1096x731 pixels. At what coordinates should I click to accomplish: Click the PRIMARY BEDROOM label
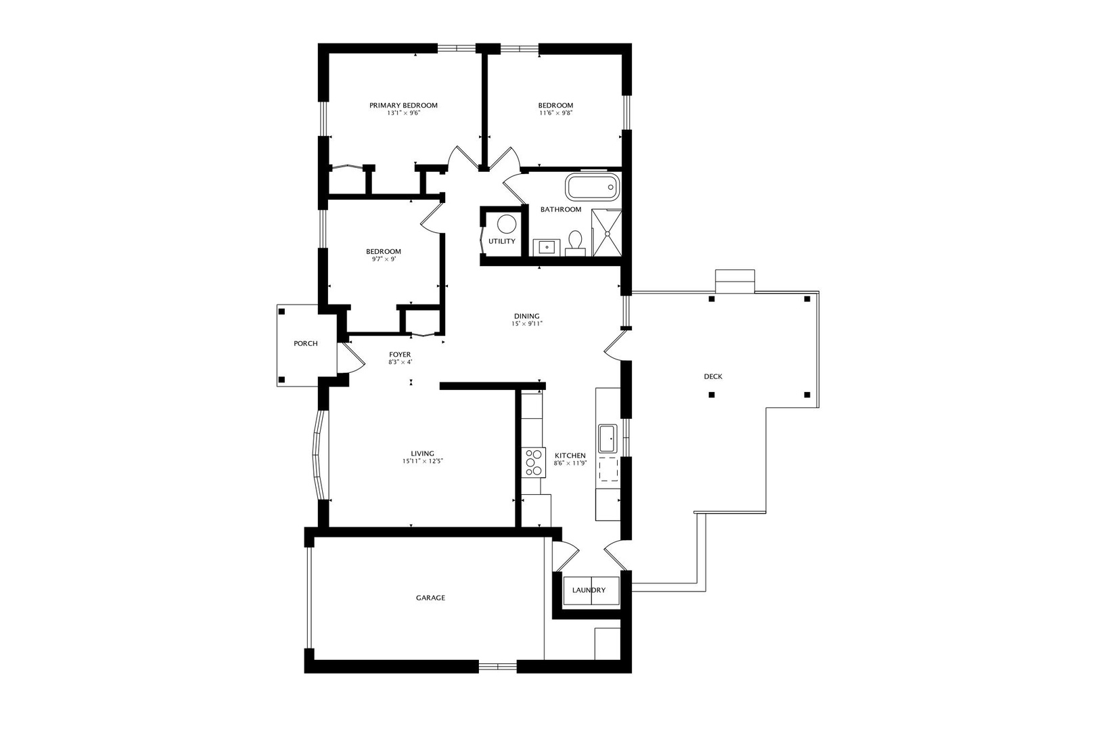tap(403, 106)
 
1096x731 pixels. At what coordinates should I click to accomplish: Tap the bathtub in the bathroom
tap(593, 187)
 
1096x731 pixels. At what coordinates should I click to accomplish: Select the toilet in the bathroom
tap(576, 242)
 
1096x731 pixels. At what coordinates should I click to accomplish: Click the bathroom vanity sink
tap(545, 247)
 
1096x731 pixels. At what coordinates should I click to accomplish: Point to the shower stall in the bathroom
tap(607, 233)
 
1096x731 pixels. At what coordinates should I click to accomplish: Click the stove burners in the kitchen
tap(534, 463)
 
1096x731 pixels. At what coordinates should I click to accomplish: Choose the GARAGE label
tap(430, 598)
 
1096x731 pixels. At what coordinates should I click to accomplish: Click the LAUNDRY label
tap(589, 590)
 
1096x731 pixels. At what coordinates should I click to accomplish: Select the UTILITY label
tap(502, 242)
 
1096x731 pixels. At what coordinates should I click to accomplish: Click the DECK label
tap(713, 376)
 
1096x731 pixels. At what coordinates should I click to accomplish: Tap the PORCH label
tap(306, 344)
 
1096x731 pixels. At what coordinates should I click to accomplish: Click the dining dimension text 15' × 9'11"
tap(527, 324)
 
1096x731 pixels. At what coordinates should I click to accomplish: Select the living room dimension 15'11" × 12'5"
tap(422, 462)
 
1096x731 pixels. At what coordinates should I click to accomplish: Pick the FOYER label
tap(400, 355)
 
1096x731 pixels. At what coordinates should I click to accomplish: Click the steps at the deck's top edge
tap(735, 280)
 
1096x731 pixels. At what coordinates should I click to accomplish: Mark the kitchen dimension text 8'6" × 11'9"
tap(570, 464)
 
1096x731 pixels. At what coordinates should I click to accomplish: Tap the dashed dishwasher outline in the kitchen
tap(608, 469)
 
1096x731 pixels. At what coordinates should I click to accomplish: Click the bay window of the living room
tap(318, 454)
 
